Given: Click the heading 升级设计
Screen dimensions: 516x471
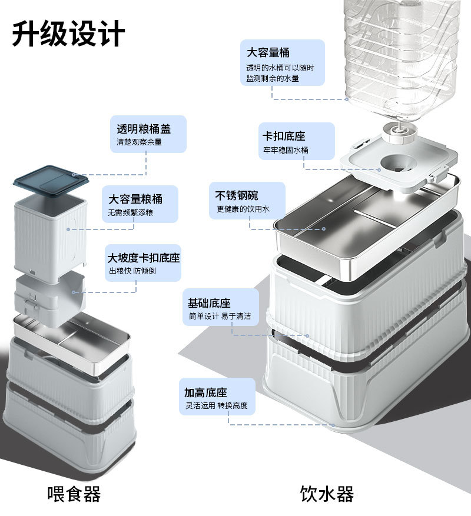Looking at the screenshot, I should tap(68, 34).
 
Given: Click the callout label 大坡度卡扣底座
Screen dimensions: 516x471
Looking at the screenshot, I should tap(144, 258).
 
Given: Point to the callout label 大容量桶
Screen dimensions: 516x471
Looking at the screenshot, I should tap(268, 52).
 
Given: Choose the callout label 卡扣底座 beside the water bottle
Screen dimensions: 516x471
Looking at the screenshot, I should tap(284, 136).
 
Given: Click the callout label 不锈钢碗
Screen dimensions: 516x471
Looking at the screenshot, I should tap(237, 196).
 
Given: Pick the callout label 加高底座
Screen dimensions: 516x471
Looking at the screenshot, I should tap(205, 392).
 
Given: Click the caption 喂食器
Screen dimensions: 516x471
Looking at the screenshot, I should tap(74, 493).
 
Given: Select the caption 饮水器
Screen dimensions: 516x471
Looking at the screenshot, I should tap(327, 493).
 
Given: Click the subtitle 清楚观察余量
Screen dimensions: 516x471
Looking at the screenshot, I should tap(139, 142).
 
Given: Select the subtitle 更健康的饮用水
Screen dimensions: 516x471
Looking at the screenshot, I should tap(243, 209).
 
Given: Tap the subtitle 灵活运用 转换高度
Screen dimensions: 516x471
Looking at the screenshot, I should tap(216, 405).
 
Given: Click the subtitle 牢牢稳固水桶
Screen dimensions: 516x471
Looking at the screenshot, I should tap(286, 150).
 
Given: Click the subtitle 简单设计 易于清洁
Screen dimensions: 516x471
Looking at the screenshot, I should tap(220, 317).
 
